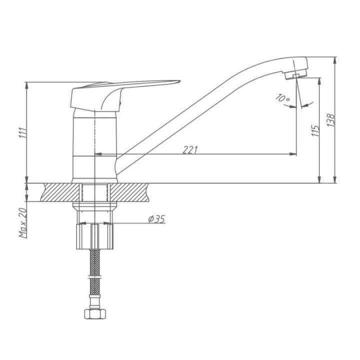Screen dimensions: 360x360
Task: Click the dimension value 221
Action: (190, 150)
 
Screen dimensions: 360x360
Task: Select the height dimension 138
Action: (331, 120)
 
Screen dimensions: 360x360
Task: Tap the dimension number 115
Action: (315, 130)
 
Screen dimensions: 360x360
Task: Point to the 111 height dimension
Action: (22, 132)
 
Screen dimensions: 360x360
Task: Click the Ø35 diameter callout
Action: (156, 219)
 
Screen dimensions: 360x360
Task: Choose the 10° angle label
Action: (282, 98)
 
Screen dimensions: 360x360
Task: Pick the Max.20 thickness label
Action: (23, 222)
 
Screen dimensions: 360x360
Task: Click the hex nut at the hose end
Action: (95, 314)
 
